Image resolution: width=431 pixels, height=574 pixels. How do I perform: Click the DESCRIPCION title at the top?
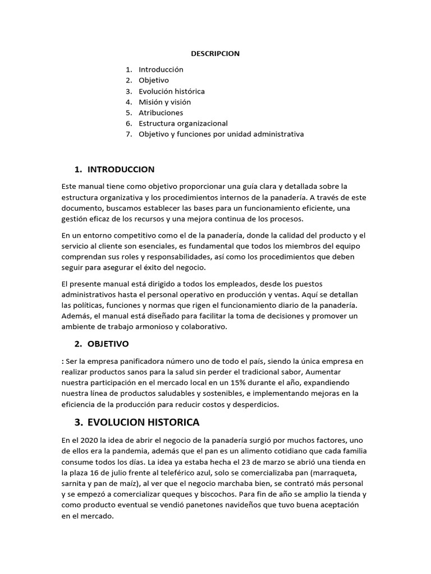[215, 54]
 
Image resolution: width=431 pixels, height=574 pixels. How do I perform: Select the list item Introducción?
[161, 70]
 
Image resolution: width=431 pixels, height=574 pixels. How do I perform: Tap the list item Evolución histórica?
[172, 91]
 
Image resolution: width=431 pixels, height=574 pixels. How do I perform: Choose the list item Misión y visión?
[164, 102]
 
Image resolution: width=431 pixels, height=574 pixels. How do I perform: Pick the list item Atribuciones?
[161, 113]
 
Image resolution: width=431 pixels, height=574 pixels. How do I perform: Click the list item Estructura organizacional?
[183, 123]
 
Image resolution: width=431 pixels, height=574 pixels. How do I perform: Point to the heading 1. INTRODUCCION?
[114, 169]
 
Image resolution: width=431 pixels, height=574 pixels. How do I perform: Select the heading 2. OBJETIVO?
[102, 344]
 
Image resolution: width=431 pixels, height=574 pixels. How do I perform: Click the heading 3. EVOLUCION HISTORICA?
[137, 422]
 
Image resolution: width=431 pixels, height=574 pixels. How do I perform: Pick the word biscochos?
[217, 495]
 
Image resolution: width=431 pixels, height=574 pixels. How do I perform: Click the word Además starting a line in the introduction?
[76, 317]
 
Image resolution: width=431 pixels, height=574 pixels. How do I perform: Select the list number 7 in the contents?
[129, 134]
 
